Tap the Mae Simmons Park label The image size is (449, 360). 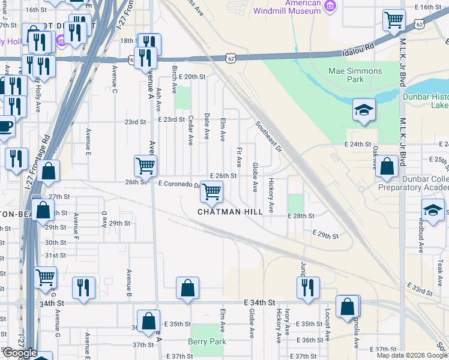coord(355,75)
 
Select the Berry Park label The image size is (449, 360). coord(206,341)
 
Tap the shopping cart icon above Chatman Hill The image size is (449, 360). coord(211,192)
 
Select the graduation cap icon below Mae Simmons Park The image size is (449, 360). coord(364,110)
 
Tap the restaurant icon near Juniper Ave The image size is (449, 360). coord(308,287)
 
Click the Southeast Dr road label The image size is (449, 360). coord(268,137)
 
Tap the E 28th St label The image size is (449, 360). coord(301,215)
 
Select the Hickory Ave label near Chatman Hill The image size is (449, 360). coord(271,194)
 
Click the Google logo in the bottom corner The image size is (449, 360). coord(19,352)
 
